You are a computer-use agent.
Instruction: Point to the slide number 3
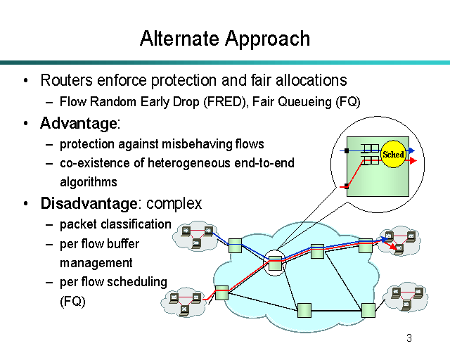coord(409,339)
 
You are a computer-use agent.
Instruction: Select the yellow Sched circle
coord(393,155)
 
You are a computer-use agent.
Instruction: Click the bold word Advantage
coord(78,124)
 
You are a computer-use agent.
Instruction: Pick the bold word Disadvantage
coord(88,204)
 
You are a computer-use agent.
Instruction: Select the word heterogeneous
coord(189,163)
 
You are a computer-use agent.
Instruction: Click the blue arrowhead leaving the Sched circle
coord(413,150)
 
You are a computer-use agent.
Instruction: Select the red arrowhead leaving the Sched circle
coord(413,160)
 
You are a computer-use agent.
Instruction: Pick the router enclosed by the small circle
coord(275,263)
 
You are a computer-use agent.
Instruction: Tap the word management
coord(96,263)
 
